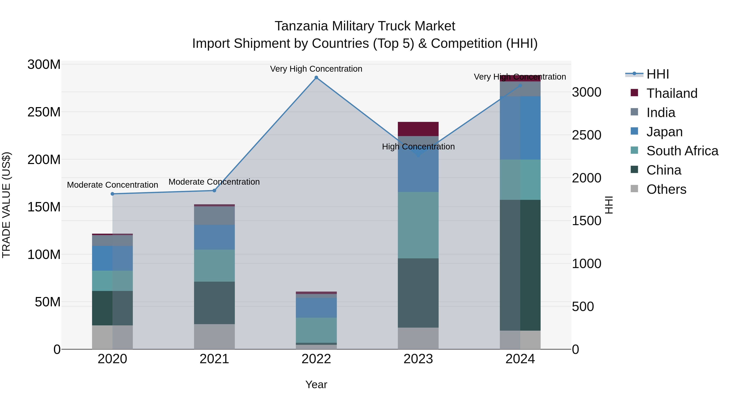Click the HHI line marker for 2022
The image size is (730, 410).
[x=316, y=78]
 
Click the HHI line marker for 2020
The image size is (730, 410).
[x=113, y=194]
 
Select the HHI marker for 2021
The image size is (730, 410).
[x=214, y=191]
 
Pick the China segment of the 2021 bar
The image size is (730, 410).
[x=214, y=303]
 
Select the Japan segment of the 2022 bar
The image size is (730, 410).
[x=316, y=308]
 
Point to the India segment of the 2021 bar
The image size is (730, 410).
[x=214, y=215]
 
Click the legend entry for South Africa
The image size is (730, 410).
[x=682, y=151]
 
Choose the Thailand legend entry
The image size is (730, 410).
[x=672, y=93]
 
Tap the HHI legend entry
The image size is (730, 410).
[x=657, y=74]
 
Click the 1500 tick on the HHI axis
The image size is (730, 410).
[x=586, y=221]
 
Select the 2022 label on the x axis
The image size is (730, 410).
[x=316, y=359]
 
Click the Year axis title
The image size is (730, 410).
[x=316, y=384]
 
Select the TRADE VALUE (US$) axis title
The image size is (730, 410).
[x=6, y=205]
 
